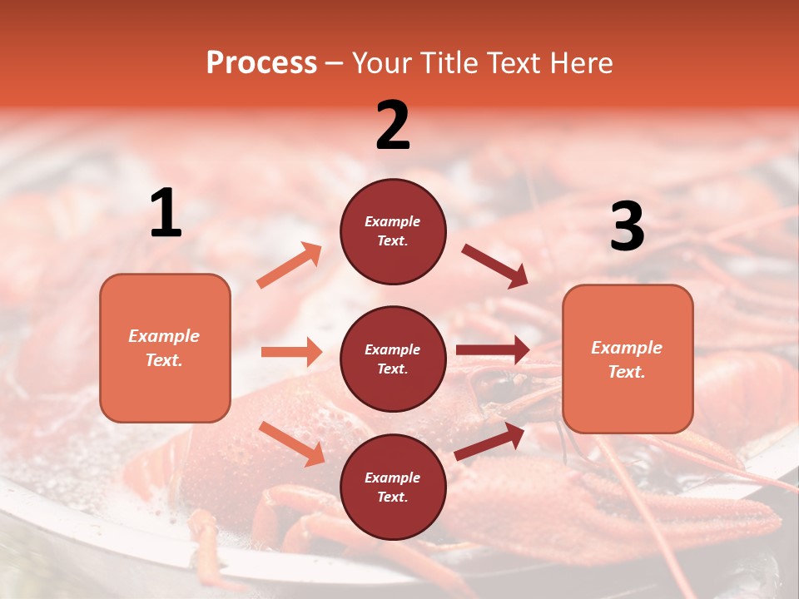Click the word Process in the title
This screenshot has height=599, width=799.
coord(261,63)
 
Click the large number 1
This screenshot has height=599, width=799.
coord(166,214)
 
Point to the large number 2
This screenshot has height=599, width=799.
coord(393,126)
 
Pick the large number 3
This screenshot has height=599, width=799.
coord(627,227)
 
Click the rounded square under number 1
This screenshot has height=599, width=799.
coord(165,348)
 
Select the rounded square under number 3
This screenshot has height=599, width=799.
coord(628,359)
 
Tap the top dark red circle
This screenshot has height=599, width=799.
coord(393,230)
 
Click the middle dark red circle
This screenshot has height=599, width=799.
coord(393,359)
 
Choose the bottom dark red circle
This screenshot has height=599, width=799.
coord(393,487)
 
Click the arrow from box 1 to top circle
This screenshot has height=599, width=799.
coord(290,265)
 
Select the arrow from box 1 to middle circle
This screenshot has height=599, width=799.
coord(291,352)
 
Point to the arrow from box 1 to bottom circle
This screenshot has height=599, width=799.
coord(292,443)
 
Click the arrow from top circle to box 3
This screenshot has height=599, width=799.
coord(494,265)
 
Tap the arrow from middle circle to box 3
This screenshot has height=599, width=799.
coord(492,349)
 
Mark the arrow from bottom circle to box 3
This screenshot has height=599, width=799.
coord(489,441)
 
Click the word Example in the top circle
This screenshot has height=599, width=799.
coord(393,221)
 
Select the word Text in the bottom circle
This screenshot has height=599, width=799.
coord(391,497)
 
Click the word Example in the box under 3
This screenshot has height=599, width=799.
coord(627,348)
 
